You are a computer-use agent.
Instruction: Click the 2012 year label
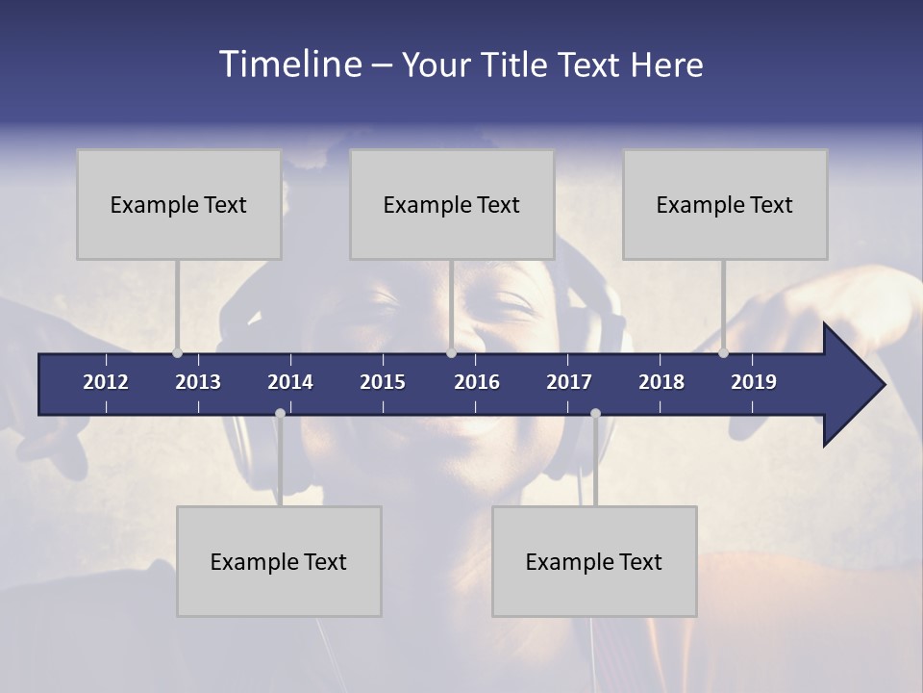(106, 382)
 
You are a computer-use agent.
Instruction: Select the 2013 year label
(198, 382)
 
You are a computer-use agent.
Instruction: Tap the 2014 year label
(290, 382)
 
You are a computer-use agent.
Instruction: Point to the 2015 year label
(383, 382)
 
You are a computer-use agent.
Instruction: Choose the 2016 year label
(477, 382)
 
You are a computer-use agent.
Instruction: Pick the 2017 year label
(569, 382)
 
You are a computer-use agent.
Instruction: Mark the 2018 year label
(661, 382)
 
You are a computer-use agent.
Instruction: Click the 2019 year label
(754, 382)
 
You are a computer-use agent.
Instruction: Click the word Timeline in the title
(291, 64)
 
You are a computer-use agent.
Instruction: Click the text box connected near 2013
(179, 204)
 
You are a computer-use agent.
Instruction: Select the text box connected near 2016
(452, 204)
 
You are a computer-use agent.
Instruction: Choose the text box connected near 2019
(725, 204)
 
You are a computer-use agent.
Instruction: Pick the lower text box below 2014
(279, 561)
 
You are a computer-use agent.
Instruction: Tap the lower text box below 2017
(594, 561)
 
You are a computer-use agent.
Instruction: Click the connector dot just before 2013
(177, 353)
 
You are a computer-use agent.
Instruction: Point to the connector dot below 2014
(280, 414)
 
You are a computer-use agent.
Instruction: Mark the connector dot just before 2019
(723, 353)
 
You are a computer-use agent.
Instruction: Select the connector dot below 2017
(595, 414)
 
